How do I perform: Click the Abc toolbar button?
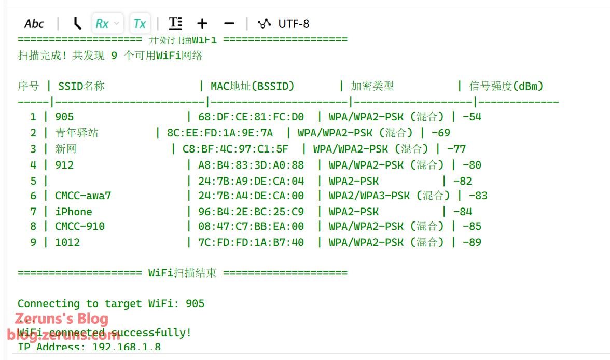point(34,24)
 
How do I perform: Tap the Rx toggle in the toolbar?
point(102,24)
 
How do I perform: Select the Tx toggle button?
point(140,24)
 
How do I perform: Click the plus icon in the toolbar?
point(202,23)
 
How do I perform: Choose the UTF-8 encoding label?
point(294,24)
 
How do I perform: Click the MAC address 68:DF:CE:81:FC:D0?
point(251,117)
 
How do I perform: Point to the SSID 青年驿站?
point(77,133)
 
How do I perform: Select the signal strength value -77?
point(456,149)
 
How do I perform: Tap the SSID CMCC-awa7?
point(83,196)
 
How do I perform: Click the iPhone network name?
point(74,212)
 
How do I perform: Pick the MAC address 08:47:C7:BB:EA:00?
point(251,227)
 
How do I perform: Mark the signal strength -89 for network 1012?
point(472,242)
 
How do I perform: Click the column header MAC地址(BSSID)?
point(252,86)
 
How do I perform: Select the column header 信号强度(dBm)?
point(506,86)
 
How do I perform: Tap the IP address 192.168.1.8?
point(127,347)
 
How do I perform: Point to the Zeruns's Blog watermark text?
point(62,319)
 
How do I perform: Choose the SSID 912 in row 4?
point(64,165)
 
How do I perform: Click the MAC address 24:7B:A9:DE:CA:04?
point(251,181)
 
